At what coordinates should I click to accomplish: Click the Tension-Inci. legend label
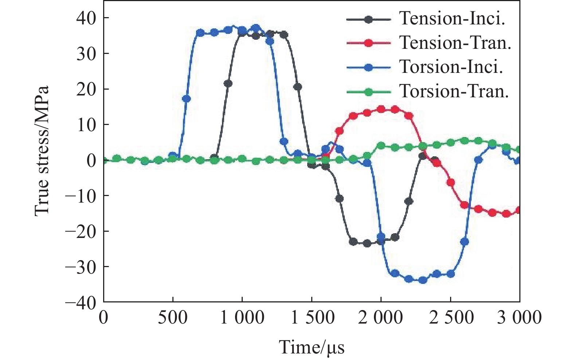coord(452,19)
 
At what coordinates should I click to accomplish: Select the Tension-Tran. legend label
coord(455,43)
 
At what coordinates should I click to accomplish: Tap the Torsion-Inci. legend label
coord(451,67)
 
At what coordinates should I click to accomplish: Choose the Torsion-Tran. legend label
coord(454,91)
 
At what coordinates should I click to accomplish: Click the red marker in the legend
coord(368,43)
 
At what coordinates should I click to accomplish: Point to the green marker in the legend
coord(368,91)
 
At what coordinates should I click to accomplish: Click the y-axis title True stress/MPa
coord(42,151)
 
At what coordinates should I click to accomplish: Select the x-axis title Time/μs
coord(312,347)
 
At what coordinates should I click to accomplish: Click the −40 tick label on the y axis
coord(81,302)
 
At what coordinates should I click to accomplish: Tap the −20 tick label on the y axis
coord(81,231)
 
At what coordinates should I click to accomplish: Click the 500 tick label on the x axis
coord(173,318)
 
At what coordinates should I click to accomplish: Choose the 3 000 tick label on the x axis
coord(519,318)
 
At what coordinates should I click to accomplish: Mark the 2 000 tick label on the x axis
coord(380,318)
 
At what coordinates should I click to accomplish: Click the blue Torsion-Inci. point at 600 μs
coord(186,99)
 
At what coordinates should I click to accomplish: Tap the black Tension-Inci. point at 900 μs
coord(228,83)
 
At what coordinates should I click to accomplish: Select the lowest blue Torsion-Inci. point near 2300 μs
coord(423,280)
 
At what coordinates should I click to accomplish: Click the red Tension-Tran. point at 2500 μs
coord(451,183)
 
